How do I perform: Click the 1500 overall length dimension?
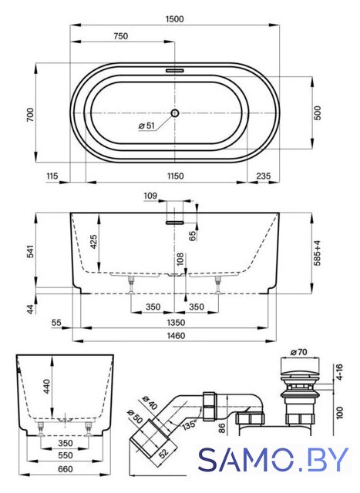(174, 19)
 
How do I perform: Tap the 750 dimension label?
(121, 36)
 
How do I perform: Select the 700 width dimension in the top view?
(30, 115)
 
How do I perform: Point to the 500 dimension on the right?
(318, 112)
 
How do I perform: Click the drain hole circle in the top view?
(175, 113)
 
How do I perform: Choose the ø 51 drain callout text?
(146, 126)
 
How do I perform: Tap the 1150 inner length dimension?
(175, 176)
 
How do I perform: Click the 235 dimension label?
(263, 176)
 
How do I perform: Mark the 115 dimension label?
(52, 176)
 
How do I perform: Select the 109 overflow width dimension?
(150, 196)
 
